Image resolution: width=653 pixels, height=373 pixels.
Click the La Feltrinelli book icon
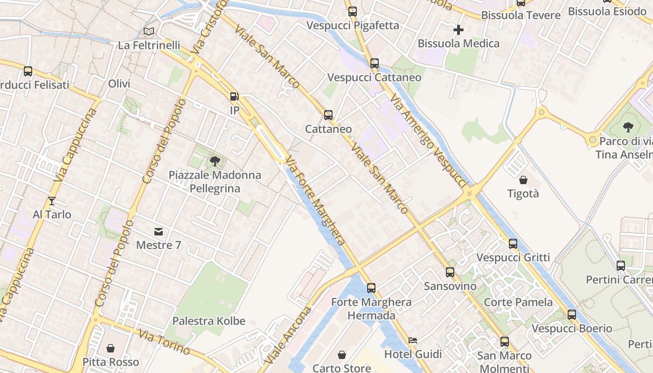pyautogui.click(x=148, y=31)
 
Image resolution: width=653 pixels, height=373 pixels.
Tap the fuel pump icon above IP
pyautogui.click(x=234, y=97)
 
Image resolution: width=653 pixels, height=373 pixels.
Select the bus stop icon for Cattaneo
pyautogui.click(x=328, y=115)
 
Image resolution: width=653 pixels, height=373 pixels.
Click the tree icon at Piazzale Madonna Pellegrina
pyautogui.click(x=215, y=161)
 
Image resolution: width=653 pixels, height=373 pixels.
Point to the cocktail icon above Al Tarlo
pyautogui.click(x=52, y=201)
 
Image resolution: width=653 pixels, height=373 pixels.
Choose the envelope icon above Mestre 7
pyautogui.click(x=159, y=231)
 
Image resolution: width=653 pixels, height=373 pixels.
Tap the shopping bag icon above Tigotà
pyautogui.click(x=523, y=180)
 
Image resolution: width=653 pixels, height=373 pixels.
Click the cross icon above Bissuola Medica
pyautogui.click(x=458, y=30)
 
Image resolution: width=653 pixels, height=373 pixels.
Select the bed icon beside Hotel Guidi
pyautogui.click(x=413, y=340)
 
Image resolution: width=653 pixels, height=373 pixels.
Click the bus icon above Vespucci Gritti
pyautogui.click(x=513, y=243)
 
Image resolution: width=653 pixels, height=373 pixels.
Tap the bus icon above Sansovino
pyautogui.click(x=450, y=272)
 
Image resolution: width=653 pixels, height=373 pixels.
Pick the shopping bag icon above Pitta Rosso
pyautogui.click(x=111, y=348)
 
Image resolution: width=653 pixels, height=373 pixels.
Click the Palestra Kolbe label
pyautogui.click(x=209, y=321)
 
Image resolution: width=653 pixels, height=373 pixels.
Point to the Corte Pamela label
pyautogui.click(x=518, y=302)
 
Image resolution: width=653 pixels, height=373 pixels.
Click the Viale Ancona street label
pyautogui.click(x=286, y=336)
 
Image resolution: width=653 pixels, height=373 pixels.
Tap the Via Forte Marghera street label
pyautogui.click(x=316, y=201)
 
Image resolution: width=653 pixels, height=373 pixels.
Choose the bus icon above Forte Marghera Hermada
pyautogui.click(x=371, y=288)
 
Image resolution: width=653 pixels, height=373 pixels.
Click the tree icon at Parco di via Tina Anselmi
pyautogui.click(x=628, y=127)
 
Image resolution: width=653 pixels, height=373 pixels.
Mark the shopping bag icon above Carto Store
pyautogui.click(x=342, y=355)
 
